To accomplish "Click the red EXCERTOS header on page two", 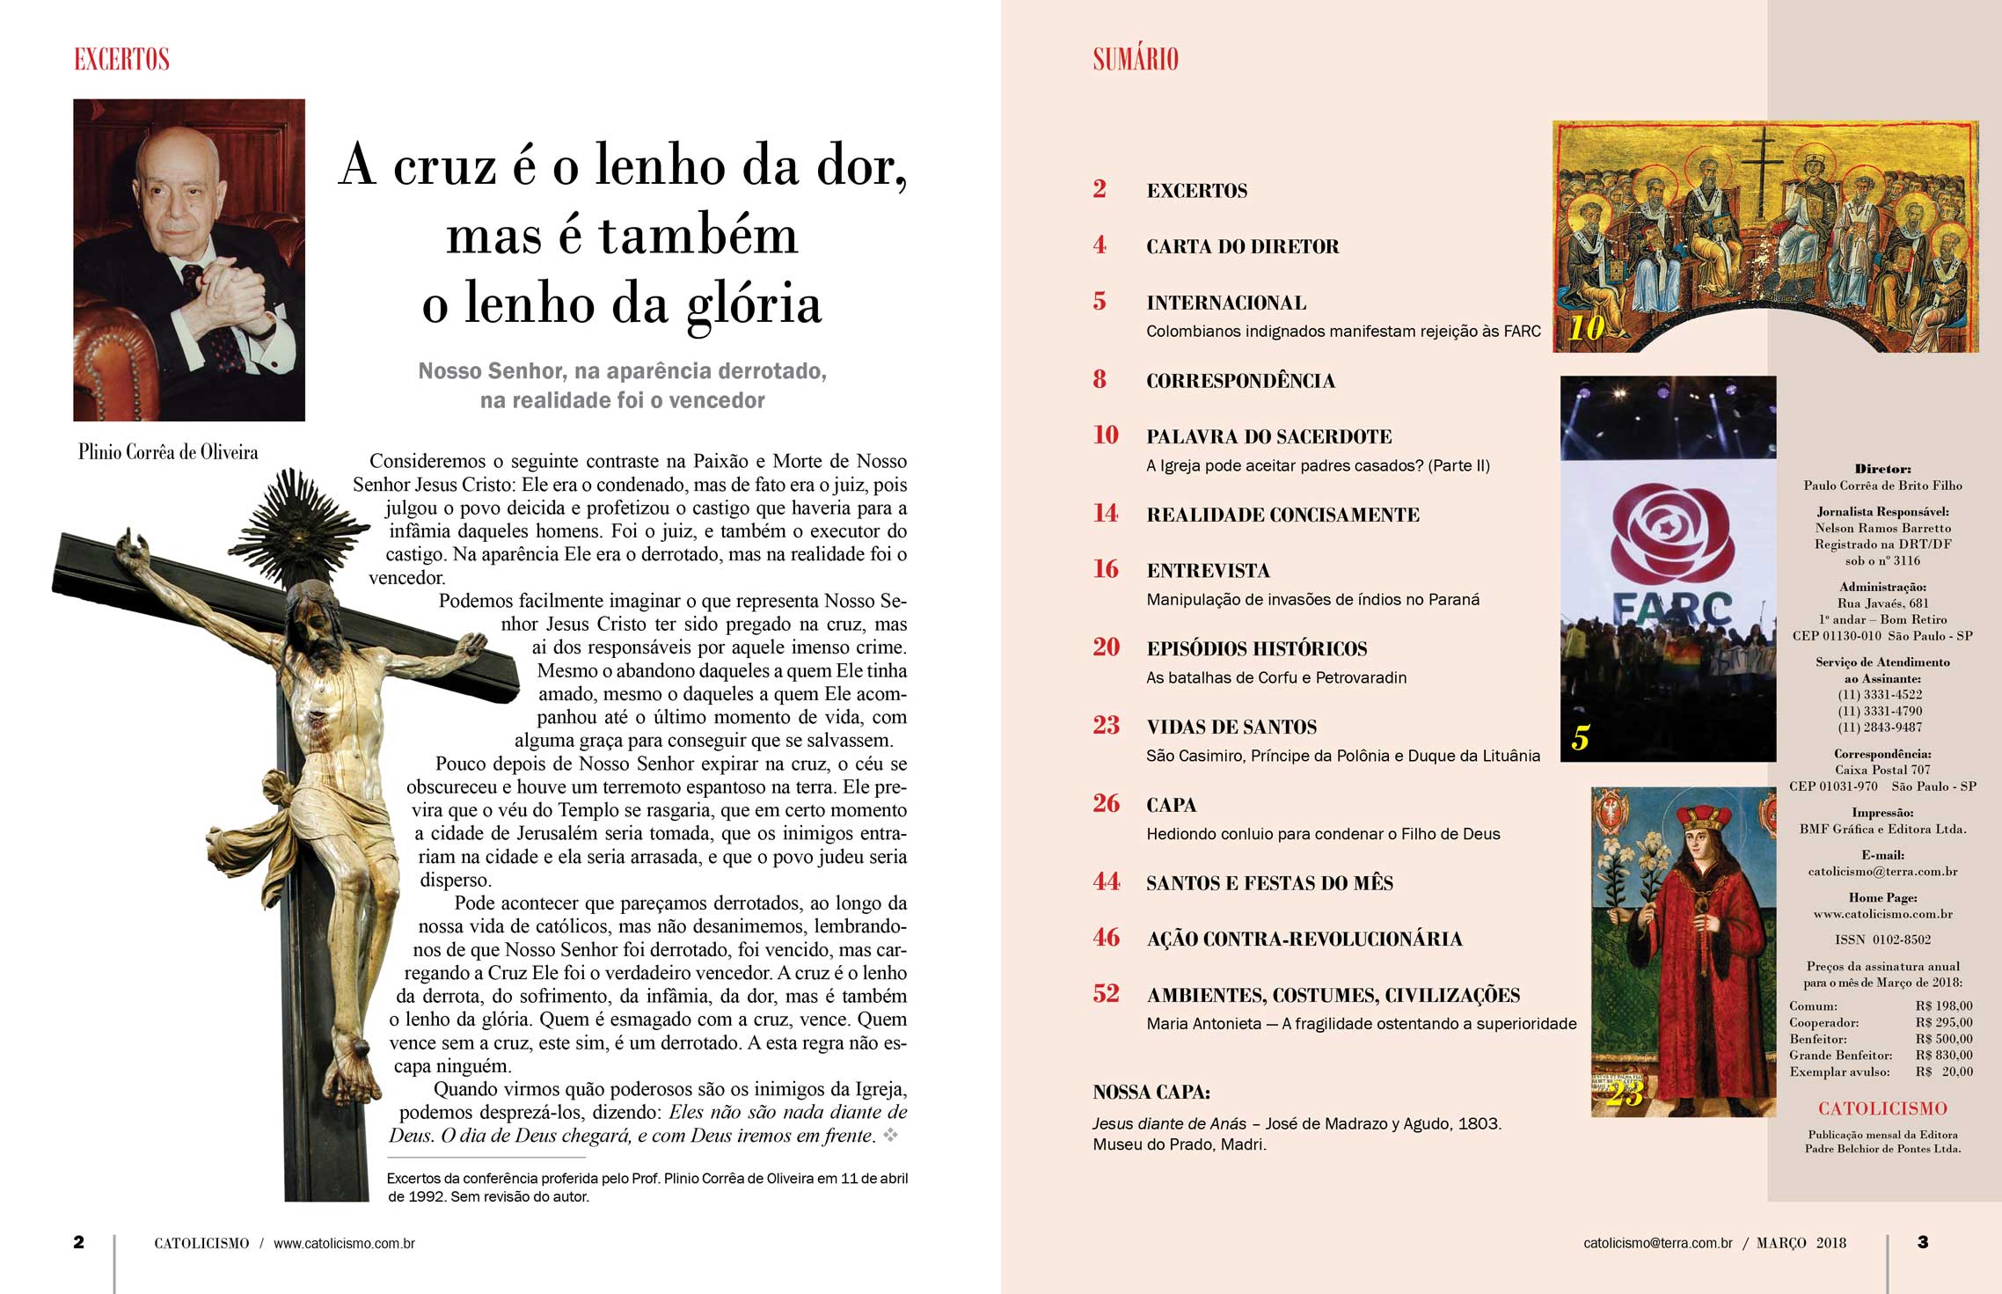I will tap(121, 59).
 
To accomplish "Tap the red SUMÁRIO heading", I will tap(1135, 59).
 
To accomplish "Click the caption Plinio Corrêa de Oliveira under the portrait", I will tap(168, 452).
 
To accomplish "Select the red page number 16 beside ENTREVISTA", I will tap(1106, 569).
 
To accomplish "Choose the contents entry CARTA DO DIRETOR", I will tap(1242, 246).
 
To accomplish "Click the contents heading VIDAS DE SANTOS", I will tap(1231, 727).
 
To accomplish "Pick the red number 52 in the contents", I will tap(1106, 994).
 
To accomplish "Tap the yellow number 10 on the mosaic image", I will tap(1587, 328).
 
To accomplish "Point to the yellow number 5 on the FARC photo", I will tap(1581, 737).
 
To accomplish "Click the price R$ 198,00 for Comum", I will tap(1944, 1005).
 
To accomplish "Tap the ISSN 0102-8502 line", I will tap(1882, 939).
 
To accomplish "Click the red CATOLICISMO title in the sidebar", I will tap(1882, 1108).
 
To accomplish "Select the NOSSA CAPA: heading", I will tap(1151, 1093).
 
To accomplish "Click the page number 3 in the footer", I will tap(1923, 1242).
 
